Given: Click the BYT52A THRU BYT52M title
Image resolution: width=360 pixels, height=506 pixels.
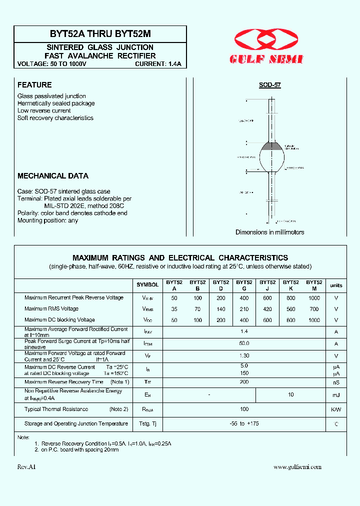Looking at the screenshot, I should pos(100,34).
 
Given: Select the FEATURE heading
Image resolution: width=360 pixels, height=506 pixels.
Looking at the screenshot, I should pos(34,85).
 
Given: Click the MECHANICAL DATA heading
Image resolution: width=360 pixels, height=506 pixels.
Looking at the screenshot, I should pos(53,176).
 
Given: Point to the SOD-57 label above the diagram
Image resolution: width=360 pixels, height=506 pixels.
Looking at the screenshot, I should pos(270,85).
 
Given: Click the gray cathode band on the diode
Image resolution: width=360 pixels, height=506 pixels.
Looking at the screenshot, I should pos(272,146).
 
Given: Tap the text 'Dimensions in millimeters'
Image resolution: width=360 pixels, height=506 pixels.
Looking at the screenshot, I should pos(270,232).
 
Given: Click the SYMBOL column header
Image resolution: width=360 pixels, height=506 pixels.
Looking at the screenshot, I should pos(147,285).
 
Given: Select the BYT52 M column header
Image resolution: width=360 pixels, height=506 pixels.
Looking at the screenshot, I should pos(314,285).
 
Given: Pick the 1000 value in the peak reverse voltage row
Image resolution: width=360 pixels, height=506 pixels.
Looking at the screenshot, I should pos(314,297).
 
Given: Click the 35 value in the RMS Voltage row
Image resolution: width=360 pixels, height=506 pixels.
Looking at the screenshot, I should pos(174,308).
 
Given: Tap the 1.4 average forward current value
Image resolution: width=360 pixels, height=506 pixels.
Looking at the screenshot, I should pos(244,331).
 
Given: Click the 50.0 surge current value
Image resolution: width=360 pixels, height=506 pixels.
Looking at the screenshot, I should pos(244,343).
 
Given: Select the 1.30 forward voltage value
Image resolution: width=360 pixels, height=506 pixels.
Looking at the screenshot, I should pos(244,356).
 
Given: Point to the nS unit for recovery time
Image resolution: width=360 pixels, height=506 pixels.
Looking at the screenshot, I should pos(336,382).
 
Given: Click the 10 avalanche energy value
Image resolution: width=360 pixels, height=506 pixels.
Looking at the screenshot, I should pos(291,394).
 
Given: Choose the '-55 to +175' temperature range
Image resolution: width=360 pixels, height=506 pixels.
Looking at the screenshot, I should pos(244,423).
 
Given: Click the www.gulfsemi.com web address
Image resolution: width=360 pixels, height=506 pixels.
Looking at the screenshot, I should pos(297,466).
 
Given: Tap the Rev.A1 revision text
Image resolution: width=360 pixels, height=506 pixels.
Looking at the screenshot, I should pos(27,466).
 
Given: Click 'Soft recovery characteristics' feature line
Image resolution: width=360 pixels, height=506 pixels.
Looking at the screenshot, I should pos(55,118).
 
